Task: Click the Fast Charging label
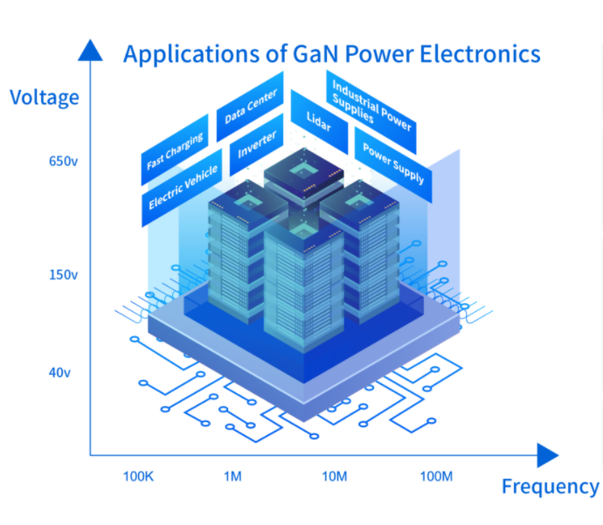point(175,151)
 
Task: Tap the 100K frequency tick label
point(139,477)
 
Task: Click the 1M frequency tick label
point(232,477)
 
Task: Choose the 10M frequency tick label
point(335,477)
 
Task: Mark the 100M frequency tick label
point(436,477)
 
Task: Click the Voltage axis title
point(44,97)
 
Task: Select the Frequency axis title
point(550,487)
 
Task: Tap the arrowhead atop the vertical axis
point(89,51)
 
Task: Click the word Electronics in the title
point(481,54)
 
